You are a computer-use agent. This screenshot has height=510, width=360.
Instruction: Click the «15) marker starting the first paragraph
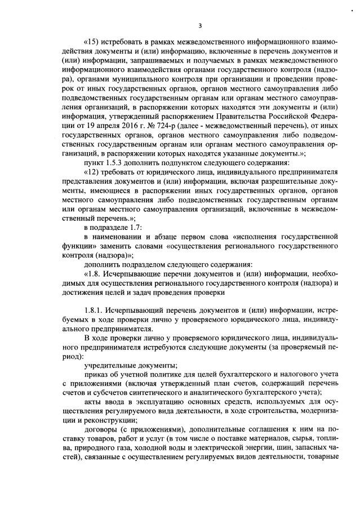(x=92, y=42)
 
